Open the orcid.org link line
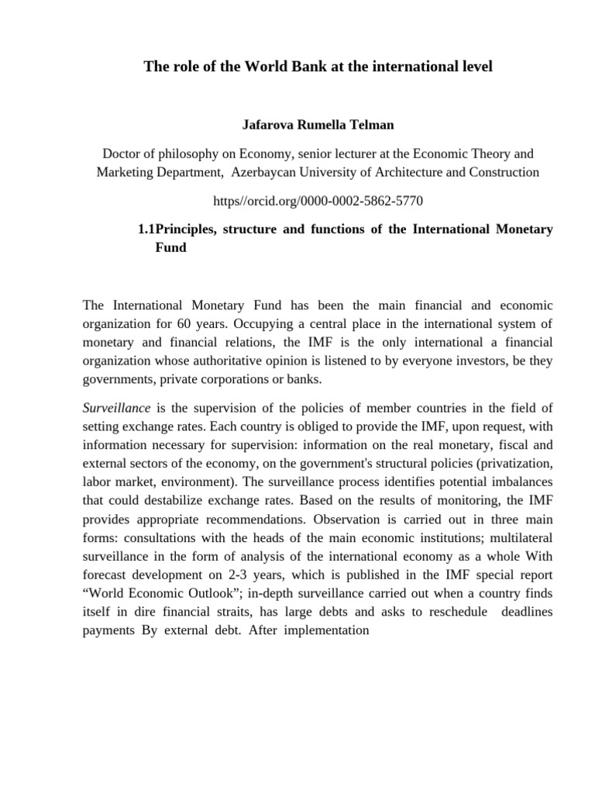click(x=318, y=201)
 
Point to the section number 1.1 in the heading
click(x=146, y=230)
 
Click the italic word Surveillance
click(x=115, y=408)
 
